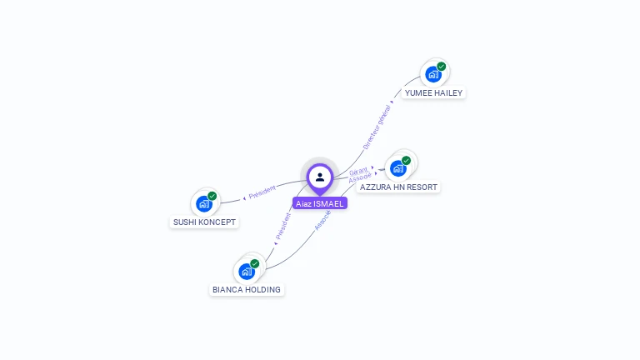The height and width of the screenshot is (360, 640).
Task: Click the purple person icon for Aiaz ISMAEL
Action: (x=320, y=177)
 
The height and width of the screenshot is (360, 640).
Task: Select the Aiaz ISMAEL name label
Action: (x=320, y=203)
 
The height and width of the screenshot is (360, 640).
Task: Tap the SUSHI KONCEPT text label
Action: (x=204, y=222)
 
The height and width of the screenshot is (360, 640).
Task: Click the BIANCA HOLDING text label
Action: (x=247, y=290)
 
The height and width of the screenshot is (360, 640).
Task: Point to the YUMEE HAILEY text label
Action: (x=433, y=92)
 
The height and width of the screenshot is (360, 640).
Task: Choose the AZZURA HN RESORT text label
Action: (x=398, y=187)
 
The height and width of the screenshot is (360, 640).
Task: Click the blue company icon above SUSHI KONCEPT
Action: (x=204, y=202)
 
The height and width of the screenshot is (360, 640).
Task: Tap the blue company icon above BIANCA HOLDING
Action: (x=247, y=271)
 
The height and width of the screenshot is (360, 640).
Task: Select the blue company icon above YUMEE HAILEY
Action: (x=433, y=74)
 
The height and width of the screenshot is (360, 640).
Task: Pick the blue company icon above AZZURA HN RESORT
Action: (x=398, y=167)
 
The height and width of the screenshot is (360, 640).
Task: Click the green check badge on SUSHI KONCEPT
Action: (x=212, y=196)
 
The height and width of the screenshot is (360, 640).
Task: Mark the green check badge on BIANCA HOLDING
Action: (x=255, y=263)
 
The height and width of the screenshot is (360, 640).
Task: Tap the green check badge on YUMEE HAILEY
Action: (x=442, y=67)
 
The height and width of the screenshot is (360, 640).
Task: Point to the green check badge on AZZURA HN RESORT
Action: (x=406, y=160)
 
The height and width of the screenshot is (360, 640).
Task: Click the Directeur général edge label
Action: (x=377, y=127)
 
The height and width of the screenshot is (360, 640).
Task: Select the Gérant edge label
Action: (x=359, y=171)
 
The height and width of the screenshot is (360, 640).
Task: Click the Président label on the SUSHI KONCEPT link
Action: (x=262, y=192)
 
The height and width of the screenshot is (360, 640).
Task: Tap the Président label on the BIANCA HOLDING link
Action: (x=282, y=227)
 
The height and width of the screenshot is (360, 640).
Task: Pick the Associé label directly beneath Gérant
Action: (x=360, y=178)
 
